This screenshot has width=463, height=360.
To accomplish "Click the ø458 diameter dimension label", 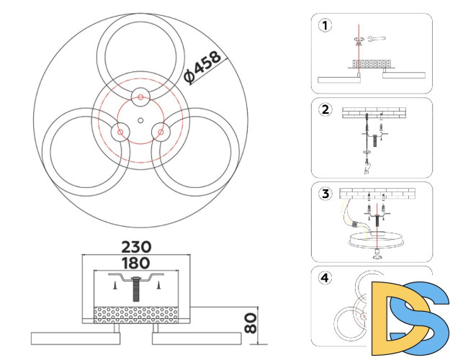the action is (x=202, y=68).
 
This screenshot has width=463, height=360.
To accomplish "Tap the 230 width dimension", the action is (x=136, y=247).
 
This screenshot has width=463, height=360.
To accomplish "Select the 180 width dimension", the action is (x=136, y=263).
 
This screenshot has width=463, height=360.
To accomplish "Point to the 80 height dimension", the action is (x=251, y=323).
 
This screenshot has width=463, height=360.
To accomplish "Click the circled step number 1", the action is (x=325, y=25).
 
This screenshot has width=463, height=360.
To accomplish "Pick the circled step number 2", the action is (x=325, y=109).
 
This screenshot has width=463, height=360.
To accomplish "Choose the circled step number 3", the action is (x=325, y=194).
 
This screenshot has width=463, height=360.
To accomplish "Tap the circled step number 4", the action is (x=325, y=278).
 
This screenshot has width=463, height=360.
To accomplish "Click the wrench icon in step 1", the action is (x=377, y=38).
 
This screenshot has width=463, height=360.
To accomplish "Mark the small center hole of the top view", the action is (x=140, y=120).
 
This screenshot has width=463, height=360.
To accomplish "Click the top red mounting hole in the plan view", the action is (x=140, y=97).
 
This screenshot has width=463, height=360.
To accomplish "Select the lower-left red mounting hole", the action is (x=120, y=132).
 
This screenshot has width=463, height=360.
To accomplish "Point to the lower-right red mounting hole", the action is (x=161, y=132).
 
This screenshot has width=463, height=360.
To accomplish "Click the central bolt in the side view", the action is (x=136, y=289).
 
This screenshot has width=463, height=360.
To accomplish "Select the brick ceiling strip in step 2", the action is (x=374, y=113).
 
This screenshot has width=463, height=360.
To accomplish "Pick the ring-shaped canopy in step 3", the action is (x=376, y=239).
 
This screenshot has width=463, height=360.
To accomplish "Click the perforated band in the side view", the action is (x=136, y=315).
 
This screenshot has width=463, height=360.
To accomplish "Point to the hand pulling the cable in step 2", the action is (x=367, y=167).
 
